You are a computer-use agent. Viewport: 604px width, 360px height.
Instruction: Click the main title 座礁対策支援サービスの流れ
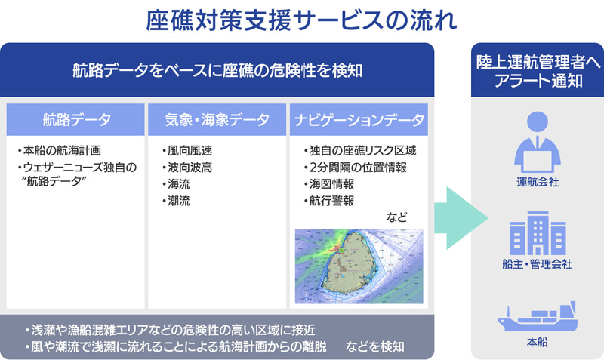pyautogui.click(x=301, y=20)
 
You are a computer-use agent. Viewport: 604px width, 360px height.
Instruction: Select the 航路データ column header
pyautogui.click(x=76, y=119)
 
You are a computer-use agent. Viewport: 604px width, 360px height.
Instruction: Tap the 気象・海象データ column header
pyautogui.click(x=217, y=119)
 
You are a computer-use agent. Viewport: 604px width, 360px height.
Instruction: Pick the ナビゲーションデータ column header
pyautogui.click(x=359, y=119)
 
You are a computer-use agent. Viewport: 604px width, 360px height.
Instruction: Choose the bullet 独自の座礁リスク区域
pyautogui.click(x=360, y=150)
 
